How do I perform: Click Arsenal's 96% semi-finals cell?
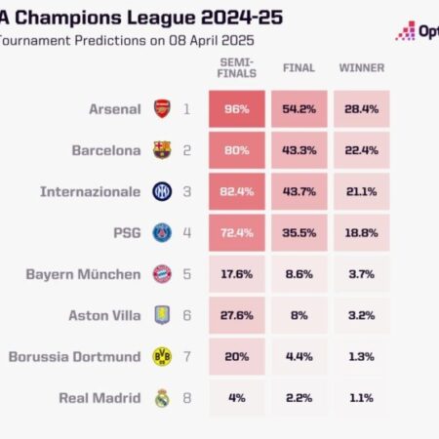click(x=235, y=109)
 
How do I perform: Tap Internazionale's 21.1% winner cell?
click(x=361, y=191)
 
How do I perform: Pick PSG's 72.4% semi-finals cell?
click(x=235, y=232)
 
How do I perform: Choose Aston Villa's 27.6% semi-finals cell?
click(x=235, y=315)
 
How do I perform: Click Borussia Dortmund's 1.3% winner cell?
click(x=361, y=356)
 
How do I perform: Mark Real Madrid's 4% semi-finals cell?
click(x=235, y=397)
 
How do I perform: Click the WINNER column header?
click(x=361, y=68)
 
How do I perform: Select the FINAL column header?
click(x=299, y=68)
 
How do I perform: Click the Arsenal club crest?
click(x=161, y=109)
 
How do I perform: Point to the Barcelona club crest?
click(x=161, y=150)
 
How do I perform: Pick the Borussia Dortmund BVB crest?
click(x=161, y=356)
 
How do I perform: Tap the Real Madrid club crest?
click(x=161, y=397)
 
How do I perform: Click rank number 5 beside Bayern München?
click(x=187, y=274)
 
